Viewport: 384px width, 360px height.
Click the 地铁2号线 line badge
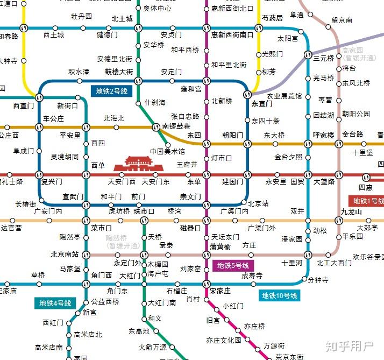tap(112, 91)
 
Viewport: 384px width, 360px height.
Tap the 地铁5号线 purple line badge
tap(233, 266)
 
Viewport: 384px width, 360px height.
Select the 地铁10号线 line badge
tap(280, 295)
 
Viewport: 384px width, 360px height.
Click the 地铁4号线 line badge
tap(56, 303)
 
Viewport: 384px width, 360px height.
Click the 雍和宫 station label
tap(191, 89)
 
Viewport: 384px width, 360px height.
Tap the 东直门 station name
tap(262, 104)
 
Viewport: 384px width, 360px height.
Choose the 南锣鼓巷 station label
tap(177, 126)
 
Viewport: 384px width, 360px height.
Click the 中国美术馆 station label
tap(167, 151)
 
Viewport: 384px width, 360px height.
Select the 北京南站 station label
tap(65, 254)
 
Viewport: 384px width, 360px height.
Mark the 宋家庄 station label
tap(220, 291)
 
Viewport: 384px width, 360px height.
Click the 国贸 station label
tap(297, 182)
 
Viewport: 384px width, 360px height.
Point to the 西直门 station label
tap(23, 105)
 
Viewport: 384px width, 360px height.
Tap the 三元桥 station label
tap(324, 58)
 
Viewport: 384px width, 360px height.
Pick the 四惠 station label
tap(366, 187)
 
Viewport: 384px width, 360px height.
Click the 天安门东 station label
tap(155, 182)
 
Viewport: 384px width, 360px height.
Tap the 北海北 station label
tap(113, 118)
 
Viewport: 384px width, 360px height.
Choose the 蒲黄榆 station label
tap(220, 247)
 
